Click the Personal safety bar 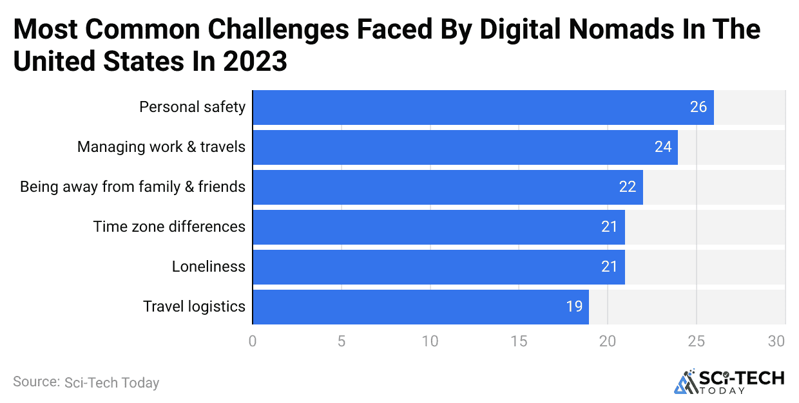(x=483, y=108)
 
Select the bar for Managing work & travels (x=465, y=147)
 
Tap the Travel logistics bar (x=421, y=307)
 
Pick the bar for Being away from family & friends (x=448, y=187)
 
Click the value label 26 (x=698, y=108)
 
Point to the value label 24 (x=663, y=147)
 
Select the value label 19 (x=574, y=307)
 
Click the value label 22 (x=628, y=187)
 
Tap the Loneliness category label (x=208, y=267)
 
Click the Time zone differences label (x=169, y=227)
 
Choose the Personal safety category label (x=192, y=107)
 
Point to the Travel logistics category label (x=194, y=306)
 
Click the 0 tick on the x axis (x=253, y=341)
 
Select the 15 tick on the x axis (x=519, y=341)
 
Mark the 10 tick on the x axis (x=430, y=341)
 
